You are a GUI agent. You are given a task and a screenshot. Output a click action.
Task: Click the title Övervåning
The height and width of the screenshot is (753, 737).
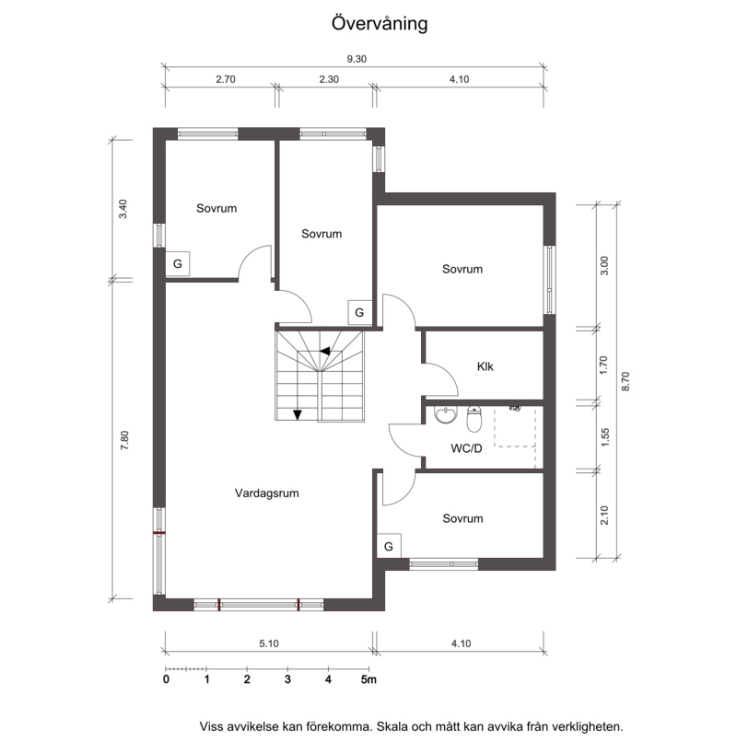point(380,24)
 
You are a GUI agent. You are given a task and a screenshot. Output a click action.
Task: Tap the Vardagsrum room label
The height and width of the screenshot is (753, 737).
point(267,493)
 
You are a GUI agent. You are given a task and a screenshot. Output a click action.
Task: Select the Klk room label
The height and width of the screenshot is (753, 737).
point(485,366)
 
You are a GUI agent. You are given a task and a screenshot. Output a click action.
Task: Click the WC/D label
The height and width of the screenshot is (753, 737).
point(466,448)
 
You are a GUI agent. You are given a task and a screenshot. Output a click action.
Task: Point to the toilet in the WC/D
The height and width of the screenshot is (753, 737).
point(474,418)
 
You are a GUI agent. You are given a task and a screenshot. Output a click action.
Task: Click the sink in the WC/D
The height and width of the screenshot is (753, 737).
point(446,415)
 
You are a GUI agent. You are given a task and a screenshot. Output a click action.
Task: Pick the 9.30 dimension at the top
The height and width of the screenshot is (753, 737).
point(357,59)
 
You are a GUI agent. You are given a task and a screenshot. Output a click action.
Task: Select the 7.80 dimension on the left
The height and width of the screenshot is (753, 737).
point(124,440)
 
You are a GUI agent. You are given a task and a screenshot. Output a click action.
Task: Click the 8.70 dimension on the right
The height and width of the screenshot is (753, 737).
point(626,382)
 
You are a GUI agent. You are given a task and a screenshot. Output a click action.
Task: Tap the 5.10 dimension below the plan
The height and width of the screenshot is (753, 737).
point(269,643)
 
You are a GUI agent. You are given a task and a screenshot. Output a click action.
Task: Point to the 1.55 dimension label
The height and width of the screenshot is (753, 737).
point(605,437)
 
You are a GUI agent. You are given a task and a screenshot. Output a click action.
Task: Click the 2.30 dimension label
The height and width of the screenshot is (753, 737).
point(329,79)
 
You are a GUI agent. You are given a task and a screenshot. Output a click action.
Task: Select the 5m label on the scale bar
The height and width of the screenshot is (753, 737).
point(368,679)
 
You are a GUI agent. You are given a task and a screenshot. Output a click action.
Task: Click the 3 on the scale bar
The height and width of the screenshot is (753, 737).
point(287,679)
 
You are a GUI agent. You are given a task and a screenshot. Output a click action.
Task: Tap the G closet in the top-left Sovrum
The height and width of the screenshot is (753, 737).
point(178,263)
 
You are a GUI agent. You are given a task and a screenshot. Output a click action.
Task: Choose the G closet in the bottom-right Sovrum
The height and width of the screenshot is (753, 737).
point(389,546)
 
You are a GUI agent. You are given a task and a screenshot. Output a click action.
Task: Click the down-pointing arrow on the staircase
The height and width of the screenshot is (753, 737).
point(298,415)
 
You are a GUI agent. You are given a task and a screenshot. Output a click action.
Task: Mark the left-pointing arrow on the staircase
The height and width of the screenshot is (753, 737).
point(325,351)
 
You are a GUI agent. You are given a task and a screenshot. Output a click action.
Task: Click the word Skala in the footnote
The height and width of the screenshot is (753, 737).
point(393,726)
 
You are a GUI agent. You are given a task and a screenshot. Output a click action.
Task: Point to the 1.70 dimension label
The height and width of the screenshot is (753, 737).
point(604,365)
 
